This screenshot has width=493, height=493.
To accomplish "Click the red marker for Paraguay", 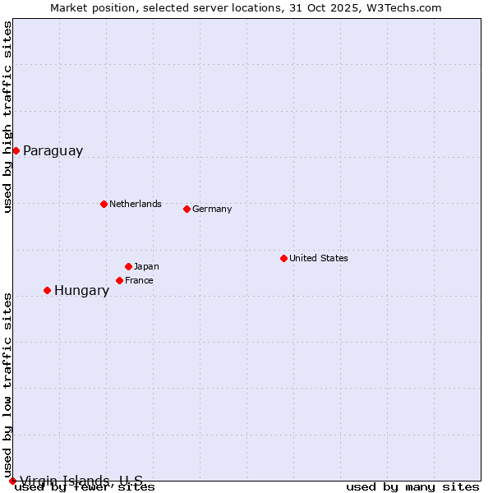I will pos(16,150).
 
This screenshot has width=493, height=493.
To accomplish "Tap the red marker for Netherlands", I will pos(104,204).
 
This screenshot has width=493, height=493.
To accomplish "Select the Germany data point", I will pos(187,209).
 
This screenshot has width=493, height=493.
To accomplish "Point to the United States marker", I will pos(283,258).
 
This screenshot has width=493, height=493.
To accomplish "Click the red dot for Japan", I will pos(128,266).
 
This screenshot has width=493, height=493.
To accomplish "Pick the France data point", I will pos(119,280).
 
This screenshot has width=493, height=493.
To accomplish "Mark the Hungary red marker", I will pos(47,290).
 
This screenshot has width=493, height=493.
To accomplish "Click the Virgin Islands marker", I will pos(12,481).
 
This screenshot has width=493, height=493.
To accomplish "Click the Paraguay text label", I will pos(53,151).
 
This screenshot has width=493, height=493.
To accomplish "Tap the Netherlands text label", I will pos(135,204).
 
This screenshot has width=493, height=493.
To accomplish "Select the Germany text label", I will pos(212,209).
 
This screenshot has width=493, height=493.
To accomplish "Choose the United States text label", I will pos(318,258).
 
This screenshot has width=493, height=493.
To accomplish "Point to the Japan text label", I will pos(146,266).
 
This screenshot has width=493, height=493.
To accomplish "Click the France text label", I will pos(139,280).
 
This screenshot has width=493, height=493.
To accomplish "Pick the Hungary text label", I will pos(81,291).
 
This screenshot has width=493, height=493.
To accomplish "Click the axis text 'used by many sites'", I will pos(412,487).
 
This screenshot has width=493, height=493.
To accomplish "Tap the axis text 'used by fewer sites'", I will pos(85,487).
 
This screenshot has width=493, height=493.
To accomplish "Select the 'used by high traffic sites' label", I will pos(8,117).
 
